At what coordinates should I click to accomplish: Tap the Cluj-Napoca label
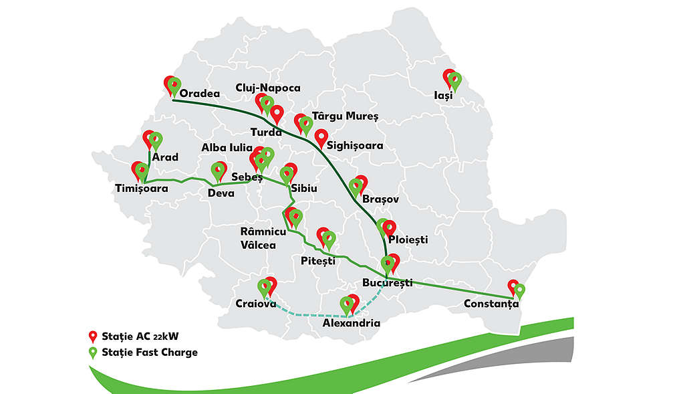[x=268, y=88]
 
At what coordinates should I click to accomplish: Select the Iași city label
[x=442, y=96]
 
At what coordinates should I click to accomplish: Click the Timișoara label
[x=142, y=189]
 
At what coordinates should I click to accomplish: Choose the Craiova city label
[x=256, y=304]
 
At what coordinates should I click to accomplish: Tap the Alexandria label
[x=351, y=324]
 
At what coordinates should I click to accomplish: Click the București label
[x=387, y=283]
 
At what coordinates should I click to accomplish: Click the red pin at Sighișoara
[x=321, y=137]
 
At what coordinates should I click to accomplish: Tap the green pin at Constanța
[x=519, y=291]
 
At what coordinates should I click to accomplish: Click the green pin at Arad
[x=156, y=140]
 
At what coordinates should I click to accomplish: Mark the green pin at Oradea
[x=174, y=85]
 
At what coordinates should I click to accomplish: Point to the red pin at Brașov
[x=362, y=182]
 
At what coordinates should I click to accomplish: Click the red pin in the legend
[x=94, y=336]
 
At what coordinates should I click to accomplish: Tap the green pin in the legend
[x=94, y=353]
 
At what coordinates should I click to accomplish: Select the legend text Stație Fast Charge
[x=150, y=352]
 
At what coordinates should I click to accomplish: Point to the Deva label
[x=221, y=194]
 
